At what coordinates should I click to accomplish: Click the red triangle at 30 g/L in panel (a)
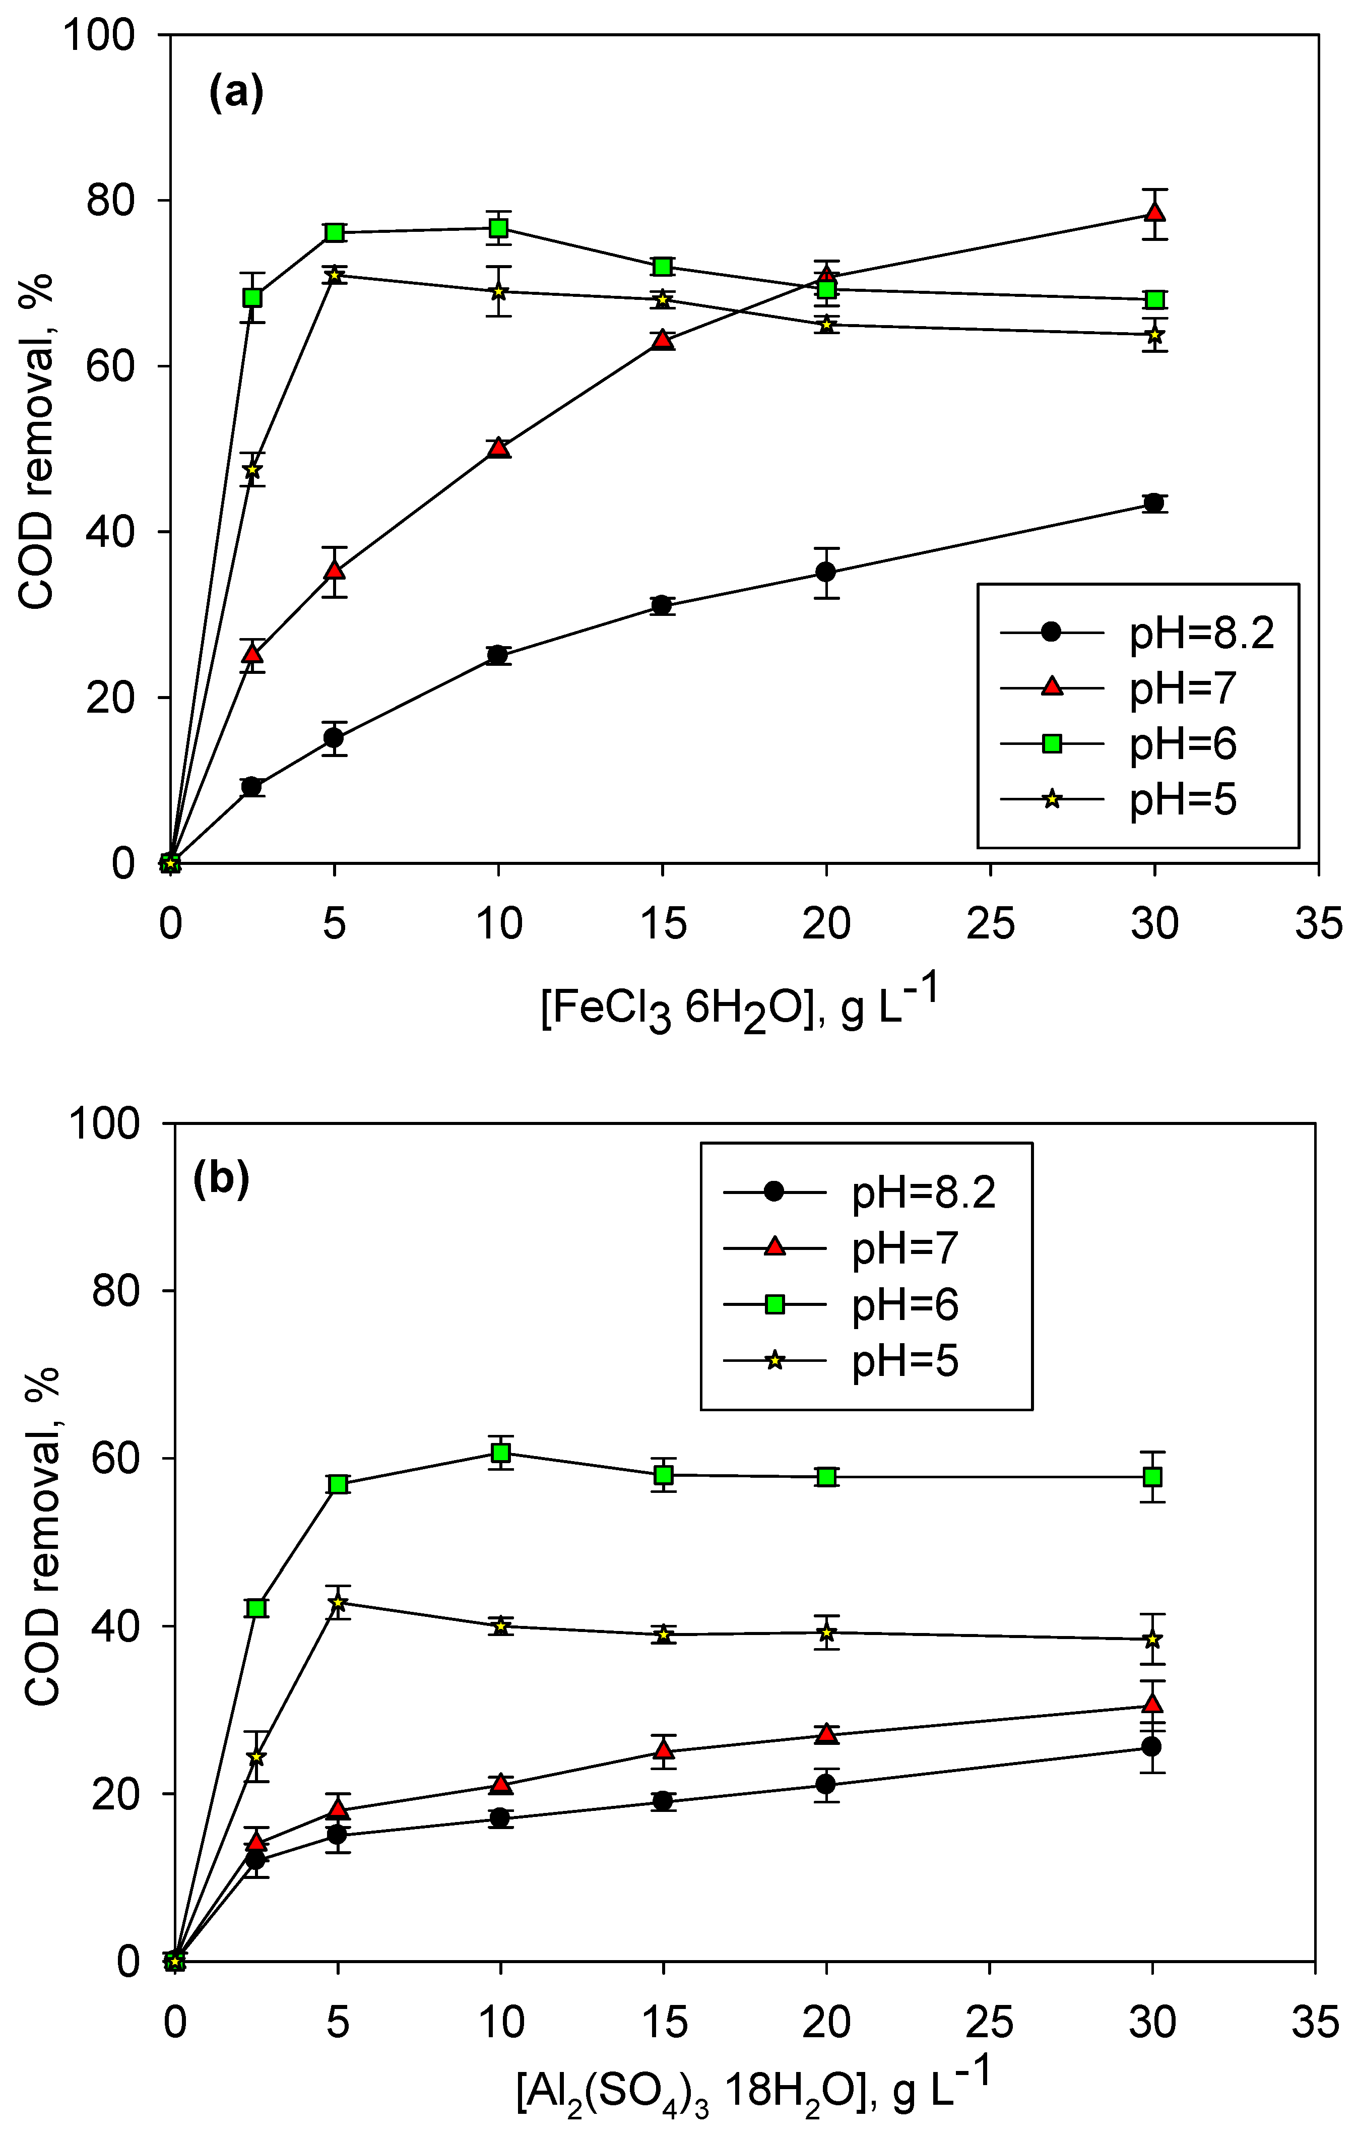coord(1154,213)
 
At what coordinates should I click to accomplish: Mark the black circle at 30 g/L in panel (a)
coord(1154,503)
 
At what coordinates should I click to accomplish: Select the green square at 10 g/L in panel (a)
coord(498,228)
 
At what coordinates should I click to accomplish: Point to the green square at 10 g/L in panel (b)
coord(500,1452)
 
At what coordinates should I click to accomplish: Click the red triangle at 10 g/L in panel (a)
coord(498,447)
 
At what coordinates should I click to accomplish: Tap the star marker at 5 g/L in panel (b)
coord(338,1602)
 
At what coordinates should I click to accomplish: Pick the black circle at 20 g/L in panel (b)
coord(826,1784)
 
